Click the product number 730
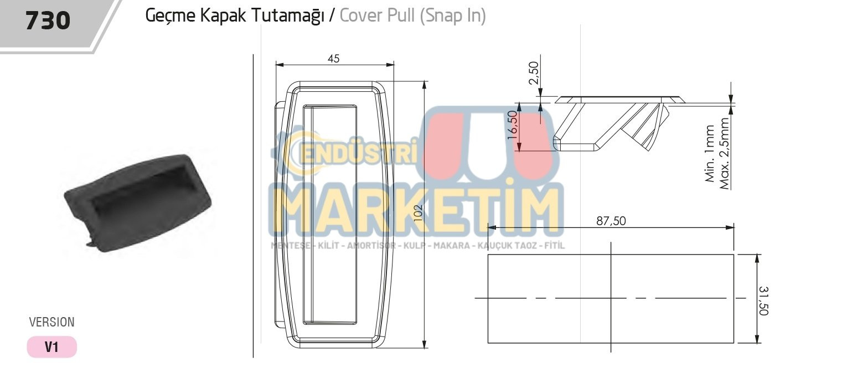(x=48, y=20)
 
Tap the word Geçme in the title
(x=171, y=16)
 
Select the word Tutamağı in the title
(x=287, y=16)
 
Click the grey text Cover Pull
(x=378, y=16)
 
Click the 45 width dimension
(x=333, y=59)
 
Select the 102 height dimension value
(x=418, y=212)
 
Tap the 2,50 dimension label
(x=534, y=72)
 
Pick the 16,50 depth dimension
(x=513, y=125)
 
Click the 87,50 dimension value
(x=611, y=221)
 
